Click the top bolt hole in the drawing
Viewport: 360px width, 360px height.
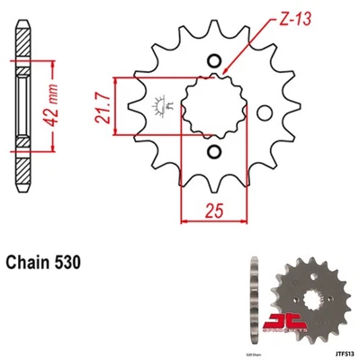pos(216,61)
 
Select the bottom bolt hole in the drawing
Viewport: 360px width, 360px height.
pos(216,152)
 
